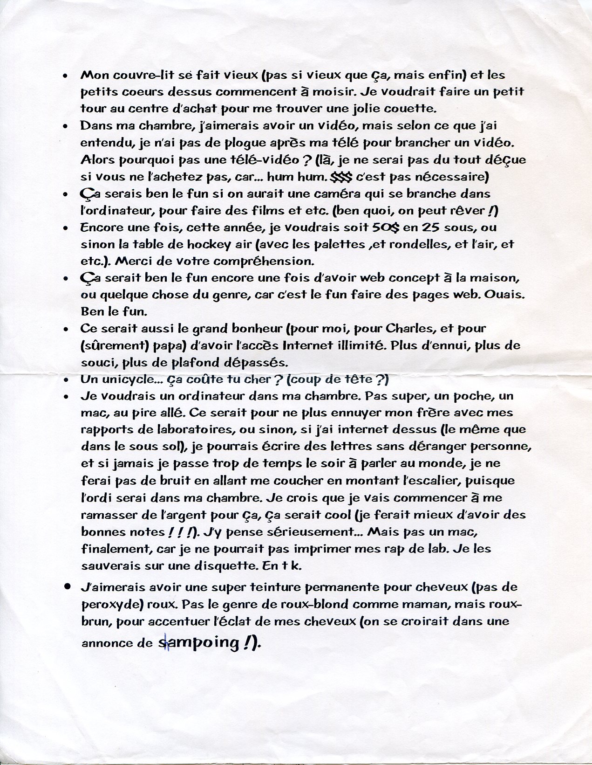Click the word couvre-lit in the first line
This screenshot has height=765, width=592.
pyautogui.click(x=131, y=75)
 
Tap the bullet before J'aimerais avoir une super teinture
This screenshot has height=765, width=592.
pyautogui.click(x=68, y=587)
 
